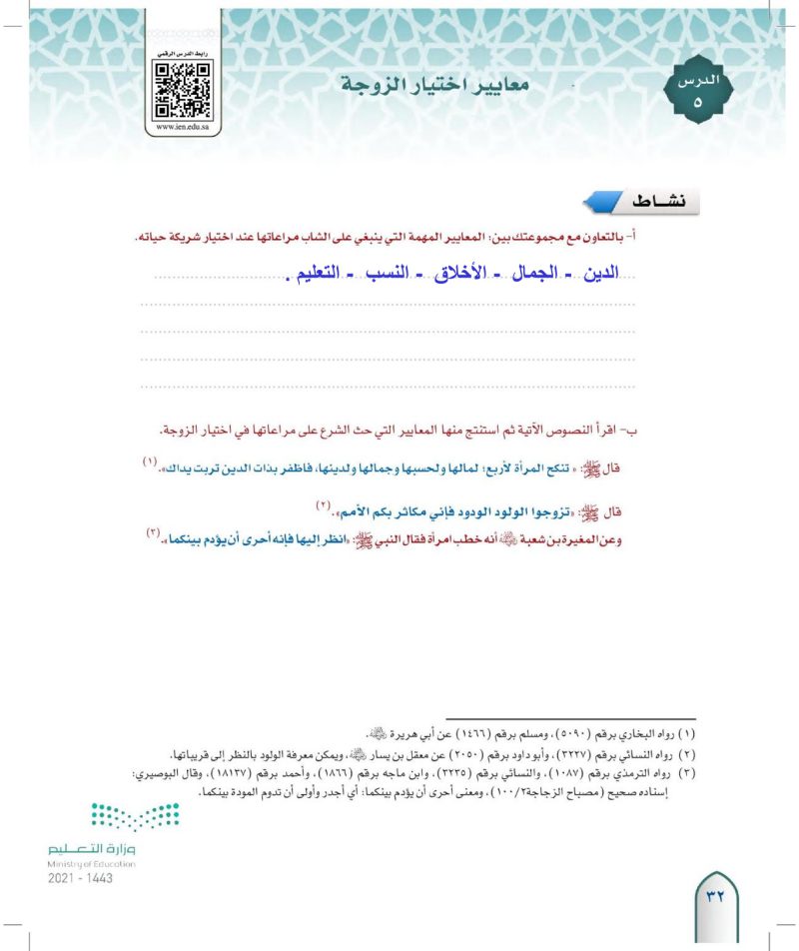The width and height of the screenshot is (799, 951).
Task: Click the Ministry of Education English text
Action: click(91, 862)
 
